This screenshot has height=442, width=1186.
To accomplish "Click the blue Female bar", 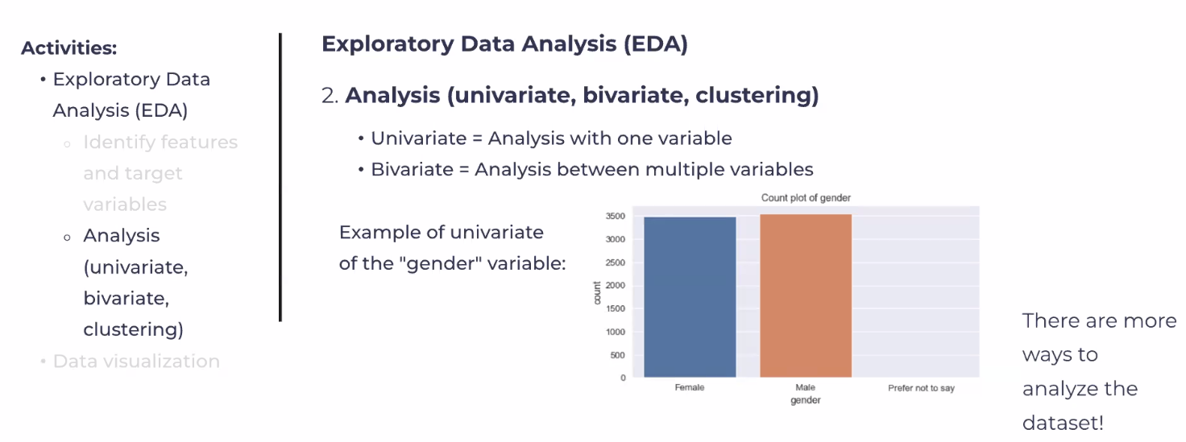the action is click(x=690, y=297).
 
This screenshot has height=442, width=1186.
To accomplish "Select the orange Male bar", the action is click(x=806, y=295).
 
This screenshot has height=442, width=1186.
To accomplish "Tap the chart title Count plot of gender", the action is click(x=806, y=198).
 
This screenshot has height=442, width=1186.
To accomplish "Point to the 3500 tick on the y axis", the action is click(x=616, y=216).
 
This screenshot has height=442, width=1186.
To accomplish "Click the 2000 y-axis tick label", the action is click(x=616, y=285).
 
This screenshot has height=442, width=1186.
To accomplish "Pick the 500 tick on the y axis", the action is click(x=618, y=355).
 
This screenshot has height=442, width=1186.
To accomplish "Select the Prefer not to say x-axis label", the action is click(x=921, y=388).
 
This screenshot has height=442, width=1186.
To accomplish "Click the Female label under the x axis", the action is click(x=690, y=387).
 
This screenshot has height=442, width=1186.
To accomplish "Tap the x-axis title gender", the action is click(x=806, y=401).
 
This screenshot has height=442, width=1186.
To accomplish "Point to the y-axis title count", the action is click(x=597, y=293).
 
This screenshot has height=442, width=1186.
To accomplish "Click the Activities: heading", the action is click(x=69, y=48).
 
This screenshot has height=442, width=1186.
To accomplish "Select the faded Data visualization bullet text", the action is click(x=136, y=361).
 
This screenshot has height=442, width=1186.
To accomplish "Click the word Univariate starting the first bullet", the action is click(x=419, y=138).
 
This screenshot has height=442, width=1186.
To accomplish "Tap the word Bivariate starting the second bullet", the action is click(x=412, y=169).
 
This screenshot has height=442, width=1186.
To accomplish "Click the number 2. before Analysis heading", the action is click(x=330, y=96).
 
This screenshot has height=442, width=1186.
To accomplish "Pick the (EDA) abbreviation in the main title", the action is click(x=656, y=44).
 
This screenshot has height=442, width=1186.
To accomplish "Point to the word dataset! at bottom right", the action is click(x=1063, y=423).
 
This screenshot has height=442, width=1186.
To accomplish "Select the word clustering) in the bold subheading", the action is click(x=757, y=95).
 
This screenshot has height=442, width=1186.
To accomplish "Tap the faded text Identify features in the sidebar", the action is click(x=160, y=143).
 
